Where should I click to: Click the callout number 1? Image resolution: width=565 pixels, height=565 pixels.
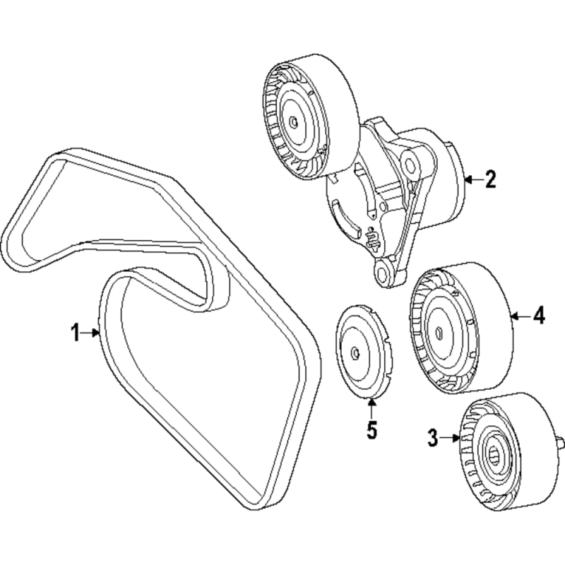tap(76, 332)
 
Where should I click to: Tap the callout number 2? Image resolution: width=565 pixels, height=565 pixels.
tap(490, 179)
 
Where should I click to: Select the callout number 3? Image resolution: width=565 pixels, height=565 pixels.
tap(433, 438)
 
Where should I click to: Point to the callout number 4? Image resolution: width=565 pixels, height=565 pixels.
tap(539, 316)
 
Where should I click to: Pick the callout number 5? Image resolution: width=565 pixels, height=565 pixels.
tap(371, 430)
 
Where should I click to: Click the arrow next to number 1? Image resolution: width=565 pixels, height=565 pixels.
tap(90, 333)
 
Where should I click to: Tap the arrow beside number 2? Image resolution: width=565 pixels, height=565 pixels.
tap(473, 179)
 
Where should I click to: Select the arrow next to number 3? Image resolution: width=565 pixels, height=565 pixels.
tap(451, 438)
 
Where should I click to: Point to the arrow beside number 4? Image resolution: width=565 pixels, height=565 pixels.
tap(521, 316)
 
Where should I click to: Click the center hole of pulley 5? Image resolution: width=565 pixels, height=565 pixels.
tap(355, 354)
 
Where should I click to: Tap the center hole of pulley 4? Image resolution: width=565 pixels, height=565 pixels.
tap(439, 332)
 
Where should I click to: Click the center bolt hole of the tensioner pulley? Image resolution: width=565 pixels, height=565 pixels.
tap(294, 122)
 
